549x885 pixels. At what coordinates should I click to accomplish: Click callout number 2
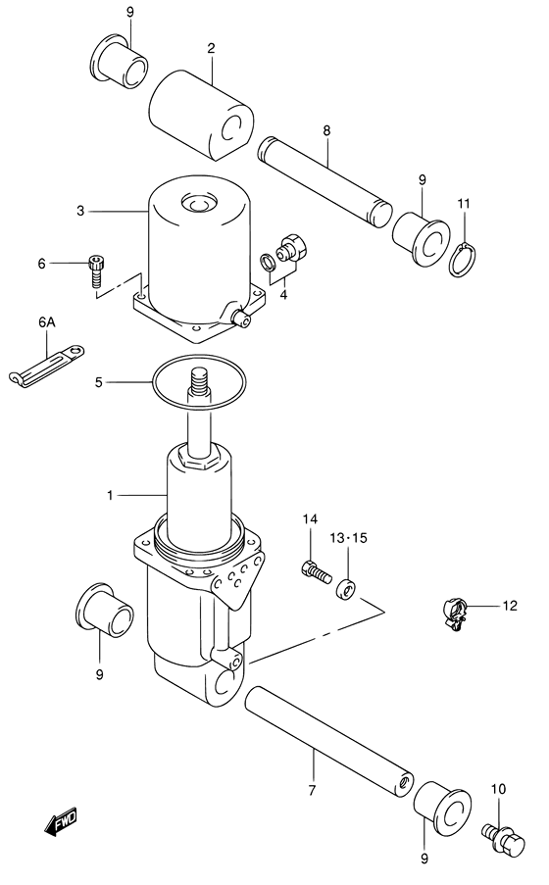pyautogui.click(x=210, y=48)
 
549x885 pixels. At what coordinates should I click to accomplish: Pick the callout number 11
pyautogui.click(x=464, y=203)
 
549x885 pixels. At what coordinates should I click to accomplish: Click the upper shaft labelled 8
pyautogui.click(x=324, y=180)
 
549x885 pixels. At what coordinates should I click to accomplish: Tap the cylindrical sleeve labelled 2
pyautogui.click(x=203, y=109)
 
